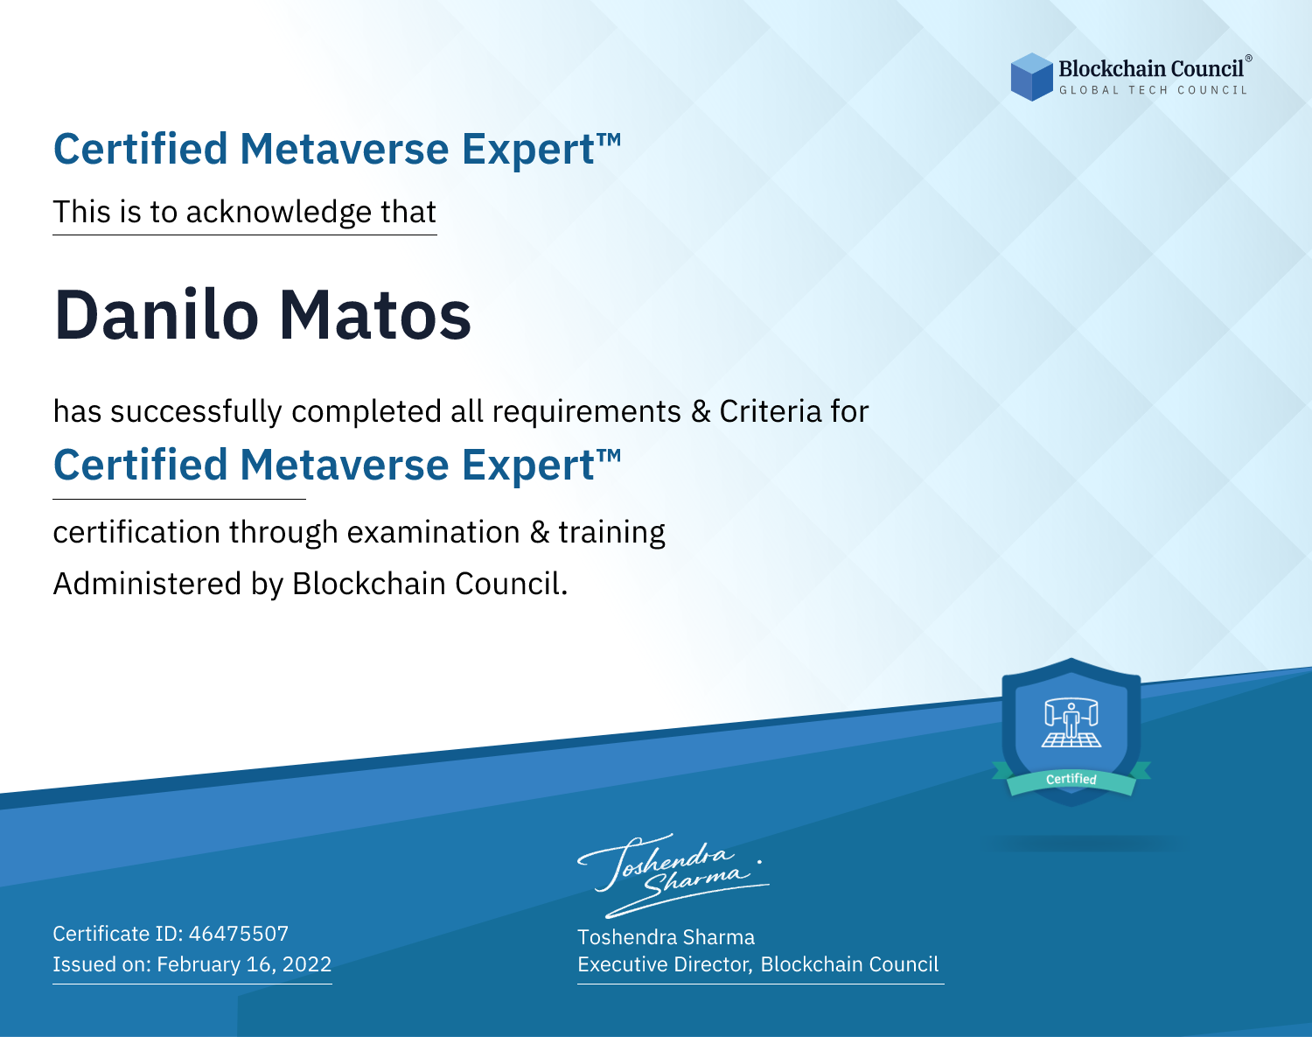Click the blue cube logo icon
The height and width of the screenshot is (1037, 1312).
1031,77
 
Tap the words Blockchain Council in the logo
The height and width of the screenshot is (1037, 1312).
1150,68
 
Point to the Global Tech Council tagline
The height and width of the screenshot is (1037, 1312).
1153,90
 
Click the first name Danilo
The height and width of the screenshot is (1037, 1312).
157,315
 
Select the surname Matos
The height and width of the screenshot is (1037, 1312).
375,315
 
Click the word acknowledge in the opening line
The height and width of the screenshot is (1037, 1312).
279,213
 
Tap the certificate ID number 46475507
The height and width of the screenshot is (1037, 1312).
239,933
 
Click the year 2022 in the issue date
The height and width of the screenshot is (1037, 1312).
307,964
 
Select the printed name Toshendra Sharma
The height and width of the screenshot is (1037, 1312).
666,937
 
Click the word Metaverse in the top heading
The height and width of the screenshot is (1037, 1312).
344,149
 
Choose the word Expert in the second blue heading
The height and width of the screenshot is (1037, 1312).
528,466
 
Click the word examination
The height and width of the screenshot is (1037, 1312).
434,532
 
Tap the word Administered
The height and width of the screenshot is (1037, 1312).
147,584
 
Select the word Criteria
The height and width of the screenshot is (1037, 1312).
770,411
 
